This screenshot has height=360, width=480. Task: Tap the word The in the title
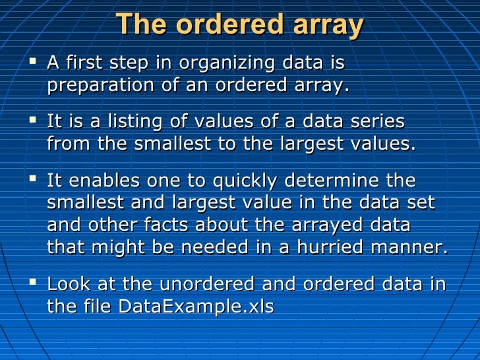tap(138, 26)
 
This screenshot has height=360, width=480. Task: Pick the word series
tap(373, 123)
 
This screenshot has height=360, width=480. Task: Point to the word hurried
tap(335, 247)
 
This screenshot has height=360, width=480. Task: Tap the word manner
tap(410, 247)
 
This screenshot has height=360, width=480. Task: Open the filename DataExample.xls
tap(196, 307)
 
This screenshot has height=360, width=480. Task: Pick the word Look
tap(69, 284)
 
